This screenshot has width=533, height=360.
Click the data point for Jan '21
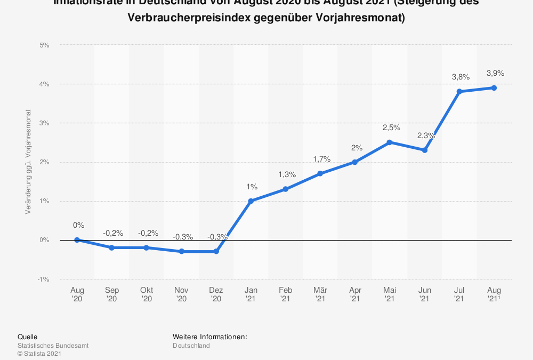click(x=251, y=201)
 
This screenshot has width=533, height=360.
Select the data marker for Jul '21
click(x=459, y=91)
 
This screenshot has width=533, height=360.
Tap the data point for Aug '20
click(x=77, y=240)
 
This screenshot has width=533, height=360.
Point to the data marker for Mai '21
click(x=390, y=142)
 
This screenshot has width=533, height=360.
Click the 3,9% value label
click(x=495, y=73)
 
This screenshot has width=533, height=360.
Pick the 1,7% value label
click(x=321, y=159)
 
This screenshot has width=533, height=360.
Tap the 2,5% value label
click(x=391, y=127)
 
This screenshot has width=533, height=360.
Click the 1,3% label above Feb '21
click(x=287, y=174)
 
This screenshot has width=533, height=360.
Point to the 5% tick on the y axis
click(x=45, y=45)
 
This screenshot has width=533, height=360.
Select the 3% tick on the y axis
click(x=45, y=123)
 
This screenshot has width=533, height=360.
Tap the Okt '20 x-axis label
click(x=147, y=294)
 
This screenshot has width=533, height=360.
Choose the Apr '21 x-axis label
click(x=355, y=294)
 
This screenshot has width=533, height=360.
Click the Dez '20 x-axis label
click(x=216, y=294)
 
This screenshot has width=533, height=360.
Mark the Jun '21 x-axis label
click(x=424, y=294)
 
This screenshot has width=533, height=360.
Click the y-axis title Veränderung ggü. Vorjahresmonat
click(x=28, y=162)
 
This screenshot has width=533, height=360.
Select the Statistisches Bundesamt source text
click(x=53, y=346)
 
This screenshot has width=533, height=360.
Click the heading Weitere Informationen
click(x=210, y=337)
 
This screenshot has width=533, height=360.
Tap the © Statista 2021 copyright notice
click(x=40, y=353)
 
